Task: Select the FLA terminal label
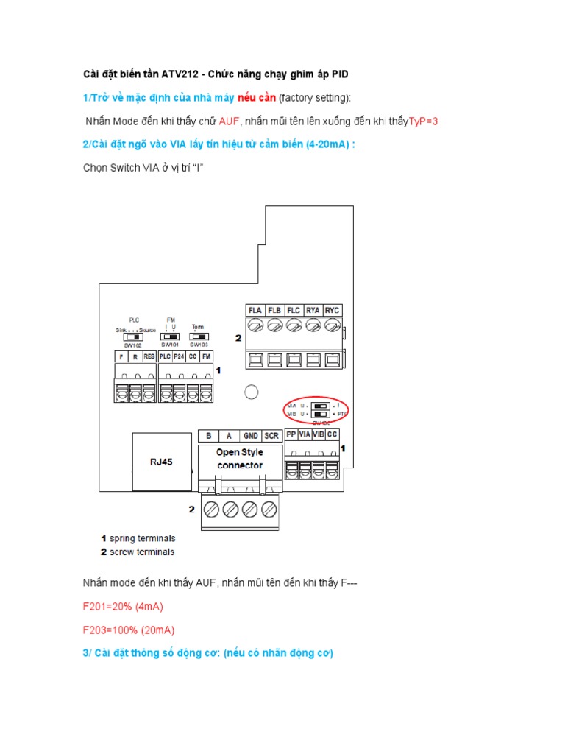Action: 255,309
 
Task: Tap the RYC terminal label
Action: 333,309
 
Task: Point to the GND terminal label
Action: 251,435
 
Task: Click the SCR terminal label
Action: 271,435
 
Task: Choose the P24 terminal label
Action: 179,356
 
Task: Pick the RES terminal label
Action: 149,356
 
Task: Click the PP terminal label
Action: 291,434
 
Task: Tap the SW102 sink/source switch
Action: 134,337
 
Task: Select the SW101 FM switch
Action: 170,336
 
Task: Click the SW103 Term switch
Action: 198,336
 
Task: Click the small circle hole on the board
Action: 252,392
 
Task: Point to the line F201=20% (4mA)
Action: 122,607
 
